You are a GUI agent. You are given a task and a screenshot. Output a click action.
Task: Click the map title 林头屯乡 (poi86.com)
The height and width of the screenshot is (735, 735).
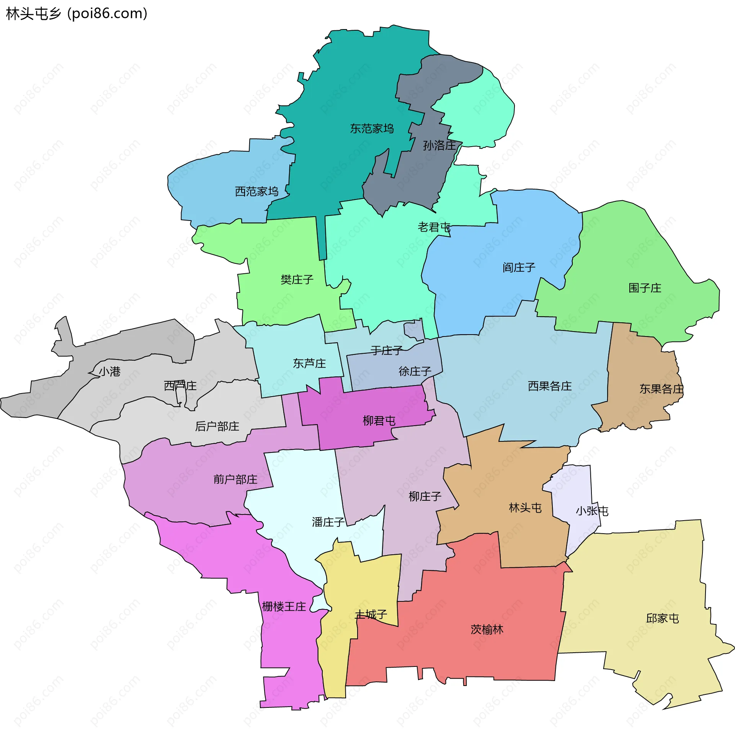77,14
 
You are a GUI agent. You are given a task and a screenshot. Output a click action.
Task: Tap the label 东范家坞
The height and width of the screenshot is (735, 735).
372,129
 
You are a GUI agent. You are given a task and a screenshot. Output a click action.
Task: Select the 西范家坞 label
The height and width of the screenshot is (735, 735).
256,191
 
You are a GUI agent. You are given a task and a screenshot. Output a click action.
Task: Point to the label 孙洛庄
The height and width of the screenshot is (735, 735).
439,145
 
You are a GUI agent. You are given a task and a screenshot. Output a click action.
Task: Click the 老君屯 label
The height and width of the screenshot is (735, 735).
434,227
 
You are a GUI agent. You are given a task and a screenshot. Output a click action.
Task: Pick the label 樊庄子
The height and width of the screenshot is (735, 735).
297,279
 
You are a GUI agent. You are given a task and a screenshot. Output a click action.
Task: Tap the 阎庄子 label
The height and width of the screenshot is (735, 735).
519,267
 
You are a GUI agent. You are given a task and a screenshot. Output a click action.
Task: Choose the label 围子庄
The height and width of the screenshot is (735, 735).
645,288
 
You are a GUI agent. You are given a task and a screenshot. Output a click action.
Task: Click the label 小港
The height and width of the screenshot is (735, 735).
110,371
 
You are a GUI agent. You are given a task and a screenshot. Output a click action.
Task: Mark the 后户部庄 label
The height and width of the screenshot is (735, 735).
217,426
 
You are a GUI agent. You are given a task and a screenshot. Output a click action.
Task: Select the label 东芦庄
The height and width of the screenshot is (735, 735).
309,363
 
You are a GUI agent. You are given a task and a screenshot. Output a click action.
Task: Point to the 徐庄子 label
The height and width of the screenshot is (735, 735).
415,371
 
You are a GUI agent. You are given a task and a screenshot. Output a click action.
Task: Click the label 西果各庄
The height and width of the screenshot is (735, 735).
550,386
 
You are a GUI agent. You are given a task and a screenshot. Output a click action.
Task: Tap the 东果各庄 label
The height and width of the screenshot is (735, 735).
661,389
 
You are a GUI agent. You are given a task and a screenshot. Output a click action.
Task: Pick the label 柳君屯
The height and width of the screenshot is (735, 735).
379,421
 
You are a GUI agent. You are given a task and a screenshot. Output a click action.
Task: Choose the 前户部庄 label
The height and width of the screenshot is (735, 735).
235,479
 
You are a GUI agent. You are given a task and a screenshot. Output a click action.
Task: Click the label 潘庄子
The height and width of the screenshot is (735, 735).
328,522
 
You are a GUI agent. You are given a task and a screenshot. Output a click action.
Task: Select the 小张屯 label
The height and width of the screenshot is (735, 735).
592,511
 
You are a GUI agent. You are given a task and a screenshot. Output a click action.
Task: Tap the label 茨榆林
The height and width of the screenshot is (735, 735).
487,629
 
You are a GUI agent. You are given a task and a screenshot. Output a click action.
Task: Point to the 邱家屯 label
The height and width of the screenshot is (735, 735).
662,618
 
